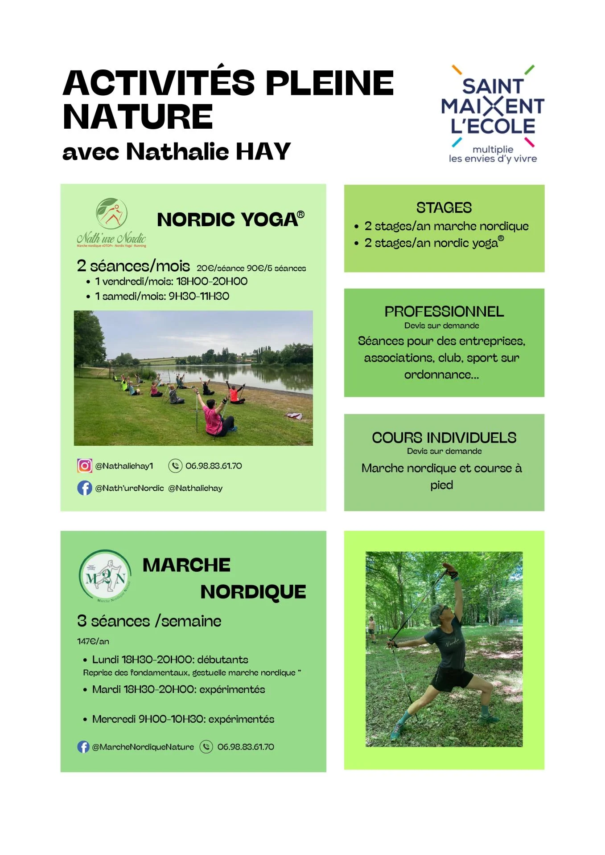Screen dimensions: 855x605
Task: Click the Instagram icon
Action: tap(84, 465)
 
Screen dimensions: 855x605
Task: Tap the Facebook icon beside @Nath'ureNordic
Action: tap(84, 488)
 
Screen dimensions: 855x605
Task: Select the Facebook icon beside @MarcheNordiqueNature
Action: tap(83, 747)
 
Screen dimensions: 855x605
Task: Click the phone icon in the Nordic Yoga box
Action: tap(175, 465)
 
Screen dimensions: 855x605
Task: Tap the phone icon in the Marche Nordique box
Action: tap(206, 747)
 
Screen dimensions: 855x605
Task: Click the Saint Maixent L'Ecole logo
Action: tap(493, 114)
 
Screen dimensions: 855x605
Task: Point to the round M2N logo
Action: tap(105, 575)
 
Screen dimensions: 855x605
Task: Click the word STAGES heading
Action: tap(444, 208)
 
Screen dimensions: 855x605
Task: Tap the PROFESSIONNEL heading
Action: tap(444, 312)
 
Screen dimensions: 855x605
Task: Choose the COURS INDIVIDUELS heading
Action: tap(444, 438)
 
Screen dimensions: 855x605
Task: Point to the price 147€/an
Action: tap(93, 641)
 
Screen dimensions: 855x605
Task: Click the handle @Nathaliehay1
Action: tap(124, 466)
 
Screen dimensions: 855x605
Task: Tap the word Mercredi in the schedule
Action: tap(114, 719)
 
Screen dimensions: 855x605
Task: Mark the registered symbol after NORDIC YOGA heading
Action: tap(301, 215)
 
